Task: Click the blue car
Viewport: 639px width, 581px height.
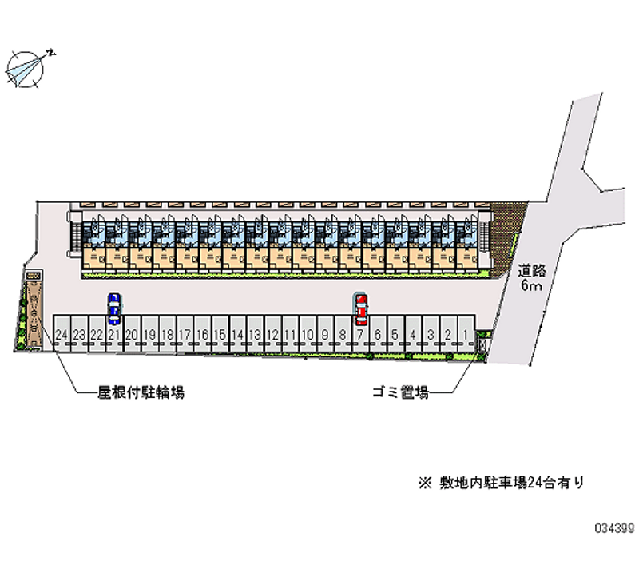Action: pyautogui.click(x=115, y=308)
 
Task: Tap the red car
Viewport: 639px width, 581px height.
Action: pyautogui.click(x=361, y=307)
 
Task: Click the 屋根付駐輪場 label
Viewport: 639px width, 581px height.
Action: pyautogui.click(x=141, y=392)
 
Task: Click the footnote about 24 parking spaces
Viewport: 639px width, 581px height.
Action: pyautogui.click(x=501, y=482)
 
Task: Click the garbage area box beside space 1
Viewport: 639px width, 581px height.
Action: pyautogui.click(x=482, y=340)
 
